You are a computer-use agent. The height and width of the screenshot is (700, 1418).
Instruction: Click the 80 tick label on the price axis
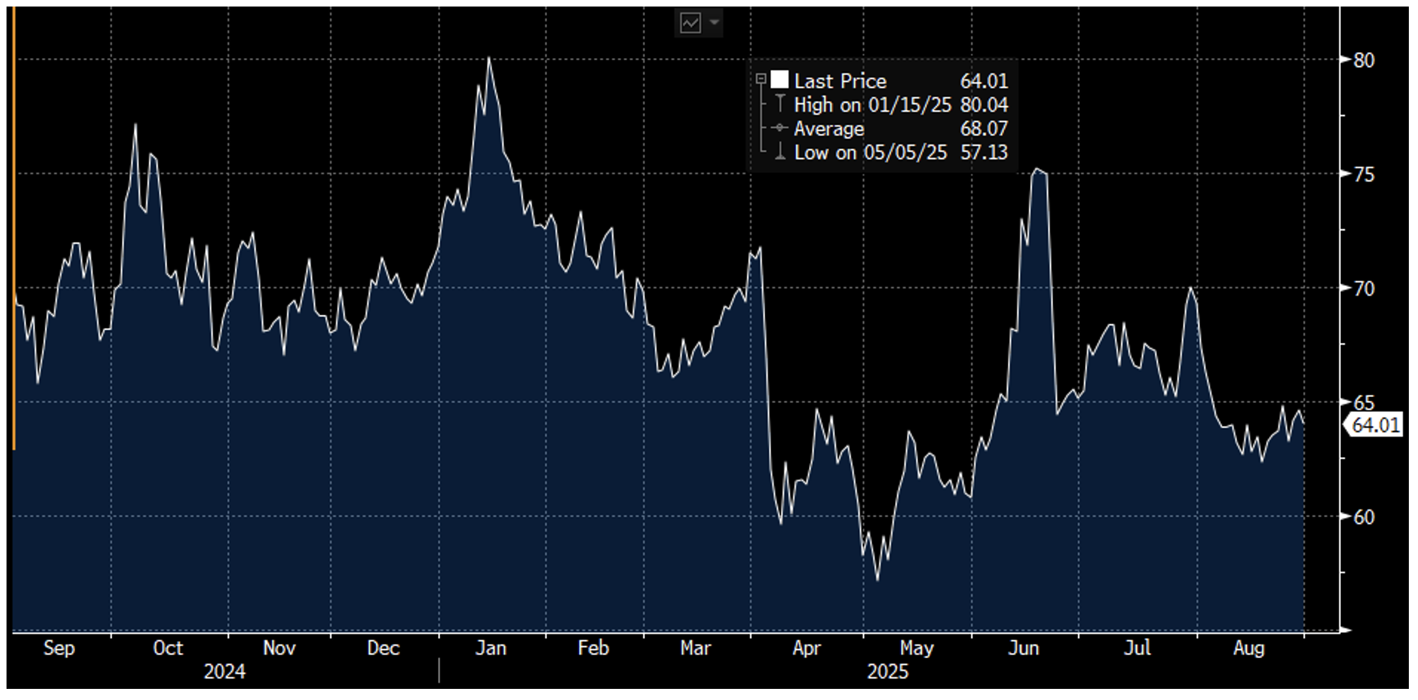(1364, 61)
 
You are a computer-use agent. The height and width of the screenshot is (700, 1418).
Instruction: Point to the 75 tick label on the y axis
(1364, 174)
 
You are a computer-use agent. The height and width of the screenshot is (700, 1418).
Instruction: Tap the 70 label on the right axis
(1364, 289)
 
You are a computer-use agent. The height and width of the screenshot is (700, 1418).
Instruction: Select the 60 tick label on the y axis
(1364, 517)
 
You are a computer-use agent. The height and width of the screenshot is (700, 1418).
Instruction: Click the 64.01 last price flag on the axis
(1375, 425)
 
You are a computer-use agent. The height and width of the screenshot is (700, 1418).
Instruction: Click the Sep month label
(59, 648)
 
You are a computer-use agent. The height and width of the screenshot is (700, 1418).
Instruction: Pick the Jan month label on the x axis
(490, 648)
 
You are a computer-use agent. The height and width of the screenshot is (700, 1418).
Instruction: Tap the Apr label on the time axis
(806, 648)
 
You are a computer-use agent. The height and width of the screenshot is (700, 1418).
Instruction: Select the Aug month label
(1248, 648)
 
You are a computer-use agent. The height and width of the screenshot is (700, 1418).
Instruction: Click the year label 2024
(224, 672)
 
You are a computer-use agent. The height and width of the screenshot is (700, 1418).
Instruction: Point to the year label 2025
(887, 672)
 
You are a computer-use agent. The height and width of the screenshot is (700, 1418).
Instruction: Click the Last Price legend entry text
(840, 81)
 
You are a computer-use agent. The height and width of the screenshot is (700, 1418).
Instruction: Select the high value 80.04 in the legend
(984, 104)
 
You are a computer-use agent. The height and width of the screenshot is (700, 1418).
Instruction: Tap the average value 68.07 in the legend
(984, 129)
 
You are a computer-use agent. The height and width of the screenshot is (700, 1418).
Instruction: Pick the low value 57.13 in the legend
(984, 152)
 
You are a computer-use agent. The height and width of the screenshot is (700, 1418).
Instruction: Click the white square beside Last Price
(780, 80)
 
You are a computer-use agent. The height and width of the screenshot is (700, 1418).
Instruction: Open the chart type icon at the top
(690, 24)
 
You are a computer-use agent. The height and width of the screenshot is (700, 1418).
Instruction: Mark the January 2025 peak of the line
(488, 58)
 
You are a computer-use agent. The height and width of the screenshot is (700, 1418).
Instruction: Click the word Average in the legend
(828, 129)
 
